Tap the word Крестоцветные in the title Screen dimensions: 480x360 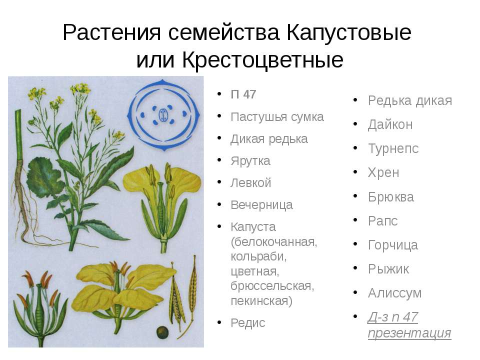262,59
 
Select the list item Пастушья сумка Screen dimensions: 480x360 277,117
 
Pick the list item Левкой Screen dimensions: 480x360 250,183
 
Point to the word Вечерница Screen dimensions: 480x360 261,205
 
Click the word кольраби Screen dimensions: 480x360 258,256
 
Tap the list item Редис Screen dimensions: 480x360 247,323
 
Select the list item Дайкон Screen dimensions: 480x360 390,124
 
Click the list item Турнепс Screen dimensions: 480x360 393,149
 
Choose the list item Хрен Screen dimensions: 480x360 383,173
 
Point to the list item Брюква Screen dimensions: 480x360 391,197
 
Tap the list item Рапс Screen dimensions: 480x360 382,221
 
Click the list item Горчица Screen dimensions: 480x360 393,245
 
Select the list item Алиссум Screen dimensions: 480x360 394,293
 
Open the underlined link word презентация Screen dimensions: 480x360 409,333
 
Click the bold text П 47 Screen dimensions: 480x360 243,94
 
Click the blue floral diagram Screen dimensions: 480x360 164,115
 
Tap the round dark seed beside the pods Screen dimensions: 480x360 162,332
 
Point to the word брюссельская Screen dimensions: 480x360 272,286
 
